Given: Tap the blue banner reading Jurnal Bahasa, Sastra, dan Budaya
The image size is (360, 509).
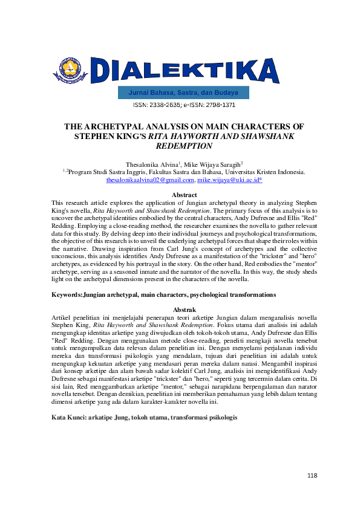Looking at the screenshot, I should (183, 93).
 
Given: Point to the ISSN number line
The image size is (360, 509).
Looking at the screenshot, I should (184, 105).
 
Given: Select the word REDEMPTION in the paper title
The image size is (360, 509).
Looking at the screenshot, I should (184, 146).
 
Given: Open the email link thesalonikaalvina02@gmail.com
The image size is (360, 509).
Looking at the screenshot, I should (150, 180).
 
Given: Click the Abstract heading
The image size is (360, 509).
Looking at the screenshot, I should (185, 195).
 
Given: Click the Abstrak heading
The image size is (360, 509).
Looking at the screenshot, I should (185, 309).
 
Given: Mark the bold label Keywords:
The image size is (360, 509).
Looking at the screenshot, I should (67, 294).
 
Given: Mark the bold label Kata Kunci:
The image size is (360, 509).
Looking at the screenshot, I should (69, 418).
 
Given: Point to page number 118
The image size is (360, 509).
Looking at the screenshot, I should (312, 476).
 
